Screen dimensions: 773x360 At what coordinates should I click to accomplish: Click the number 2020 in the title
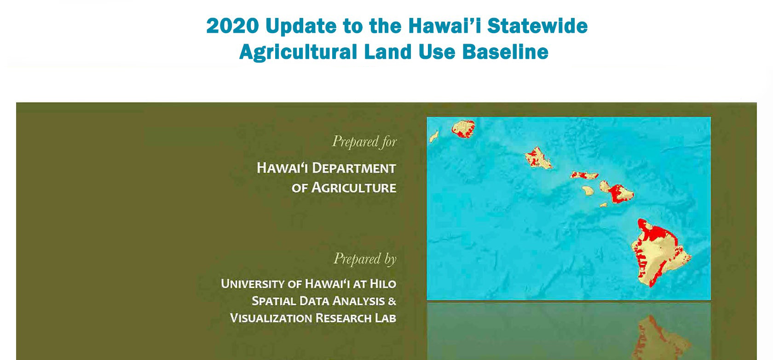233,26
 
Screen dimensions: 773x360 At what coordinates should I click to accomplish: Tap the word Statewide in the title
537,26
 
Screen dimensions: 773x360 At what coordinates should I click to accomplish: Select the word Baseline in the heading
505,52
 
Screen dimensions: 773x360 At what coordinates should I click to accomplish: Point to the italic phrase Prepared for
364,141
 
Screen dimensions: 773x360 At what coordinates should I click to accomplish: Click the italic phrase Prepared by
365,259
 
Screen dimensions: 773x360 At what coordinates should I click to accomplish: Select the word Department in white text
354,168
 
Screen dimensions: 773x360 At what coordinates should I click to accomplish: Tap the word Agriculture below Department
354,188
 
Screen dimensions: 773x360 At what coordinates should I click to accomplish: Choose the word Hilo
383,284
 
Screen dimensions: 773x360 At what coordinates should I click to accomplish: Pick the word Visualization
271,318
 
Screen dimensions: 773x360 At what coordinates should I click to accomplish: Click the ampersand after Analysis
392,301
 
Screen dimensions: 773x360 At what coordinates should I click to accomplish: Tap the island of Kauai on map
463,129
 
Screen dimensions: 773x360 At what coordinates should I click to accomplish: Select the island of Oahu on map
538,158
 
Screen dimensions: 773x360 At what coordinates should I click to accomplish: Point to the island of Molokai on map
584,175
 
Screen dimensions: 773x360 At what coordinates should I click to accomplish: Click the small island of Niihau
434,136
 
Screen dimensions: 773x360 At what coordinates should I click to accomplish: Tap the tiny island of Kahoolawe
603,205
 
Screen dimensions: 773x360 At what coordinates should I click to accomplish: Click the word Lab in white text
386,318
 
